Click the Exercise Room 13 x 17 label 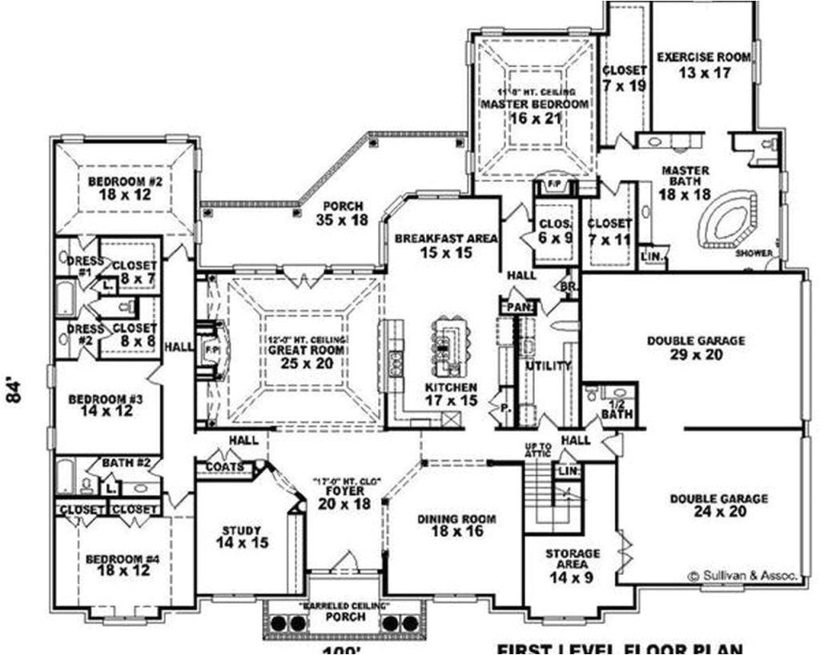pyautogui.click(x=703, y=64)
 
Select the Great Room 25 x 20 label pyautogui.click(x=307, y=356)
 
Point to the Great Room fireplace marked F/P pyautogui.click(x=212, y=351)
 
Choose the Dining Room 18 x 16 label pyautogui.click(x=456, y=525)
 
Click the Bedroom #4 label pyautogui.click(x=123, y=565)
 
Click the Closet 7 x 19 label pyautogui.click(x=625, y=78)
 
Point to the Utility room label pyautogui.click(x=548, y=366)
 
